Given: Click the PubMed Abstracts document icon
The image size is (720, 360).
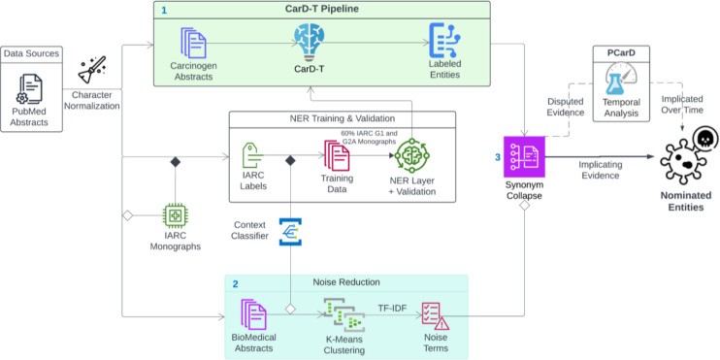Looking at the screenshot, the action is click(x=31, y=88).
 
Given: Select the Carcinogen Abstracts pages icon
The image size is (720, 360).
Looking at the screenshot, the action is click(x=193, y=43).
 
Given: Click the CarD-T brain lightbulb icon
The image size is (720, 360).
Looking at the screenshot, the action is click(x=309, y=42).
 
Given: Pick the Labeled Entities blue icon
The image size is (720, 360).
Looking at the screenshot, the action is click(x=444, y=41).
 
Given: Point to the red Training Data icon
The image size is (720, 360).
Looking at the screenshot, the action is click(x=336, y=155).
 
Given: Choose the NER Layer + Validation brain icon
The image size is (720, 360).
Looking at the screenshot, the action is click(x=411, y=155).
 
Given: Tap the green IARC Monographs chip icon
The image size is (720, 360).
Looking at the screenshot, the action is click(x=176, y=215).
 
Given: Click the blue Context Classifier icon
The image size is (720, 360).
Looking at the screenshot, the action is click(x=291, y=232).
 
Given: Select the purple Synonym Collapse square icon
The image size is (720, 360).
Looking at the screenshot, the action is click(x=523, y=156).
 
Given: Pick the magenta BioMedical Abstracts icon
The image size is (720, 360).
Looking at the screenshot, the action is click(x=253, y=314).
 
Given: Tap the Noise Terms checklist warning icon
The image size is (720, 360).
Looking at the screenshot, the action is click(x=435, y=316).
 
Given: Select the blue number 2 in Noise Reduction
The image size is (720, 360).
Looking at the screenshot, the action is click(x=236, y=283).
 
